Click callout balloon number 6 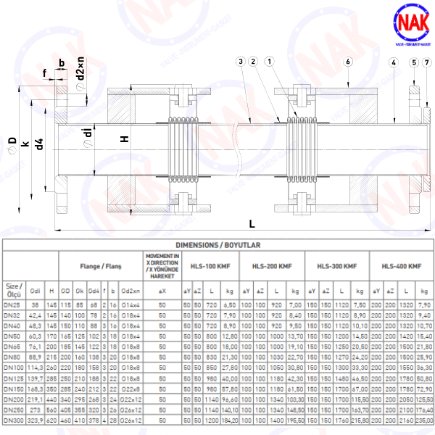pyautogui.click(x=348, y=62)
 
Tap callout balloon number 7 pyautogui.click(x=426, y=62)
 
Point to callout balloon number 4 pyautogui.click(x=393, y=62)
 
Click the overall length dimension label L pyautogui.click(x=252, y=223)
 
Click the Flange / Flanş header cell pyautogui.click(x=100, y=266)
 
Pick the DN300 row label pyautogui.click(x=14, y=420)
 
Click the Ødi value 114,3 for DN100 pyautogui.click(x=36, y=369)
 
